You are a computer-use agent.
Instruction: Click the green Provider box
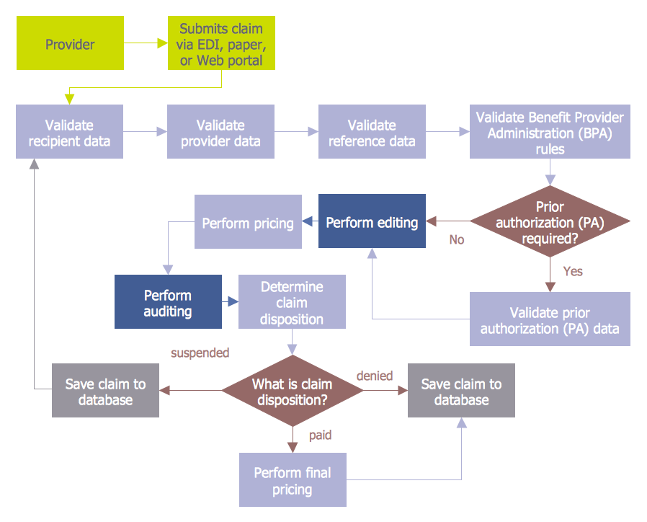pyautogui.click(x=70, y=44)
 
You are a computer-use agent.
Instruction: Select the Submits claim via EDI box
pyautogui.click(x=221, y=44)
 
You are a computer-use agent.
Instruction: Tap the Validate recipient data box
pyautogui.click(x=70, y=132)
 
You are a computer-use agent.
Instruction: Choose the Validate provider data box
pyautogui.click(x=221, y=132)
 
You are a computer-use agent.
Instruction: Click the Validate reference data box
pyautogui.click(x=372, y=132)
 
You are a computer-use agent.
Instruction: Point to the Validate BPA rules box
pyautogui.click(x=550, y=132)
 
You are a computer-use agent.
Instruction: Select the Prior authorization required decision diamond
pyautogui.click(x=550, y=221)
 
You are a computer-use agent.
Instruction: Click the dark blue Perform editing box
pyautogui.click(x=372, y=221)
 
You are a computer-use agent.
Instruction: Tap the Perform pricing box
pyautogui.click(x=248, y=222)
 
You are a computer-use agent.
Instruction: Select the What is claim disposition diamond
pyautogui.click(x=292, y=391)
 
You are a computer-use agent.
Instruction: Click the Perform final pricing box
pyautogui.click(x=293, y=479)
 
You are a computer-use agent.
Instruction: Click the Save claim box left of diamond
pyautogui.click(x=105, y=391)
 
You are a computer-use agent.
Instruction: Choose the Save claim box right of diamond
pyautogui.click(x=461, y=391)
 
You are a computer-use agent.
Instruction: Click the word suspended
pyautogui.click(x=200, y=353)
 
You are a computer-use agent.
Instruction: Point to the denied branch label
pyautogui.click(x=375, y=375)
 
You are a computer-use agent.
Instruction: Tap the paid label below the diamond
pyautogui.click(x=320, y=435)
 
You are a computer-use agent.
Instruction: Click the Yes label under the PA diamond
pyautogui.click(x=573, y=271)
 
